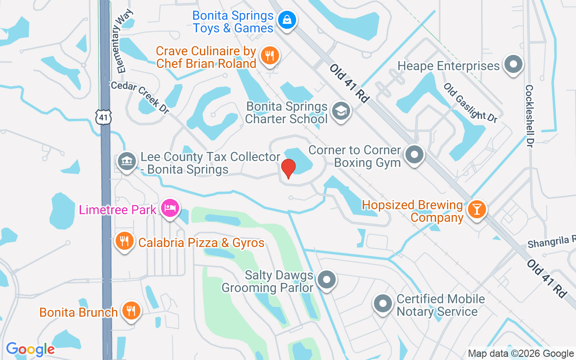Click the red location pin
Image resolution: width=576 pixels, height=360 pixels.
(288, 169)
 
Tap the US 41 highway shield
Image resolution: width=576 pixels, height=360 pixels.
(103, 117)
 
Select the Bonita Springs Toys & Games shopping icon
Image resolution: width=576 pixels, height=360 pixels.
(286, 20)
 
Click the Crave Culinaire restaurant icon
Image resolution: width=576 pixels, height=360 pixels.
(270, 56)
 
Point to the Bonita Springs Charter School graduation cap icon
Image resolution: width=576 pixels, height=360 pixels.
(341, 111)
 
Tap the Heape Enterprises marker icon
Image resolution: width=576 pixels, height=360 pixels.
(513, 64)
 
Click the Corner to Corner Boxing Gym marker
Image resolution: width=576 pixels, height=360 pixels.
(414, 155)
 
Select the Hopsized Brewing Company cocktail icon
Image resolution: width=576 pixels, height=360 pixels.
(475, 209)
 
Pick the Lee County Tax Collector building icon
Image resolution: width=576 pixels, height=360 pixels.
(126, 161)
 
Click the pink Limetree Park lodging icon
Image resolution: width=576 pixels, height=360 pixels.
(170, 208)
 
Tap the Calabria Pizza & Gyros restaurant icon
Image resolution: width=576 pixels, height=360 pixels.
(124, 241)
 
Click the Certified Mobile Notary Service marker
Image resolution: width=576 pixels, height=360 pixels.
(383, 303)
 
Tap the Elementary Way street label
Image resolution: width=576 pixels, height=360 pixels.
(122, 43)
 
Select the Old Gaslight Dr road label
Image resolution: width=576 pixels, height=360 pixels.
(471, 103)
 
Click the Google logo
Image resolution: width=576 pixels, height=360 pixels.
(30, 349)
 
